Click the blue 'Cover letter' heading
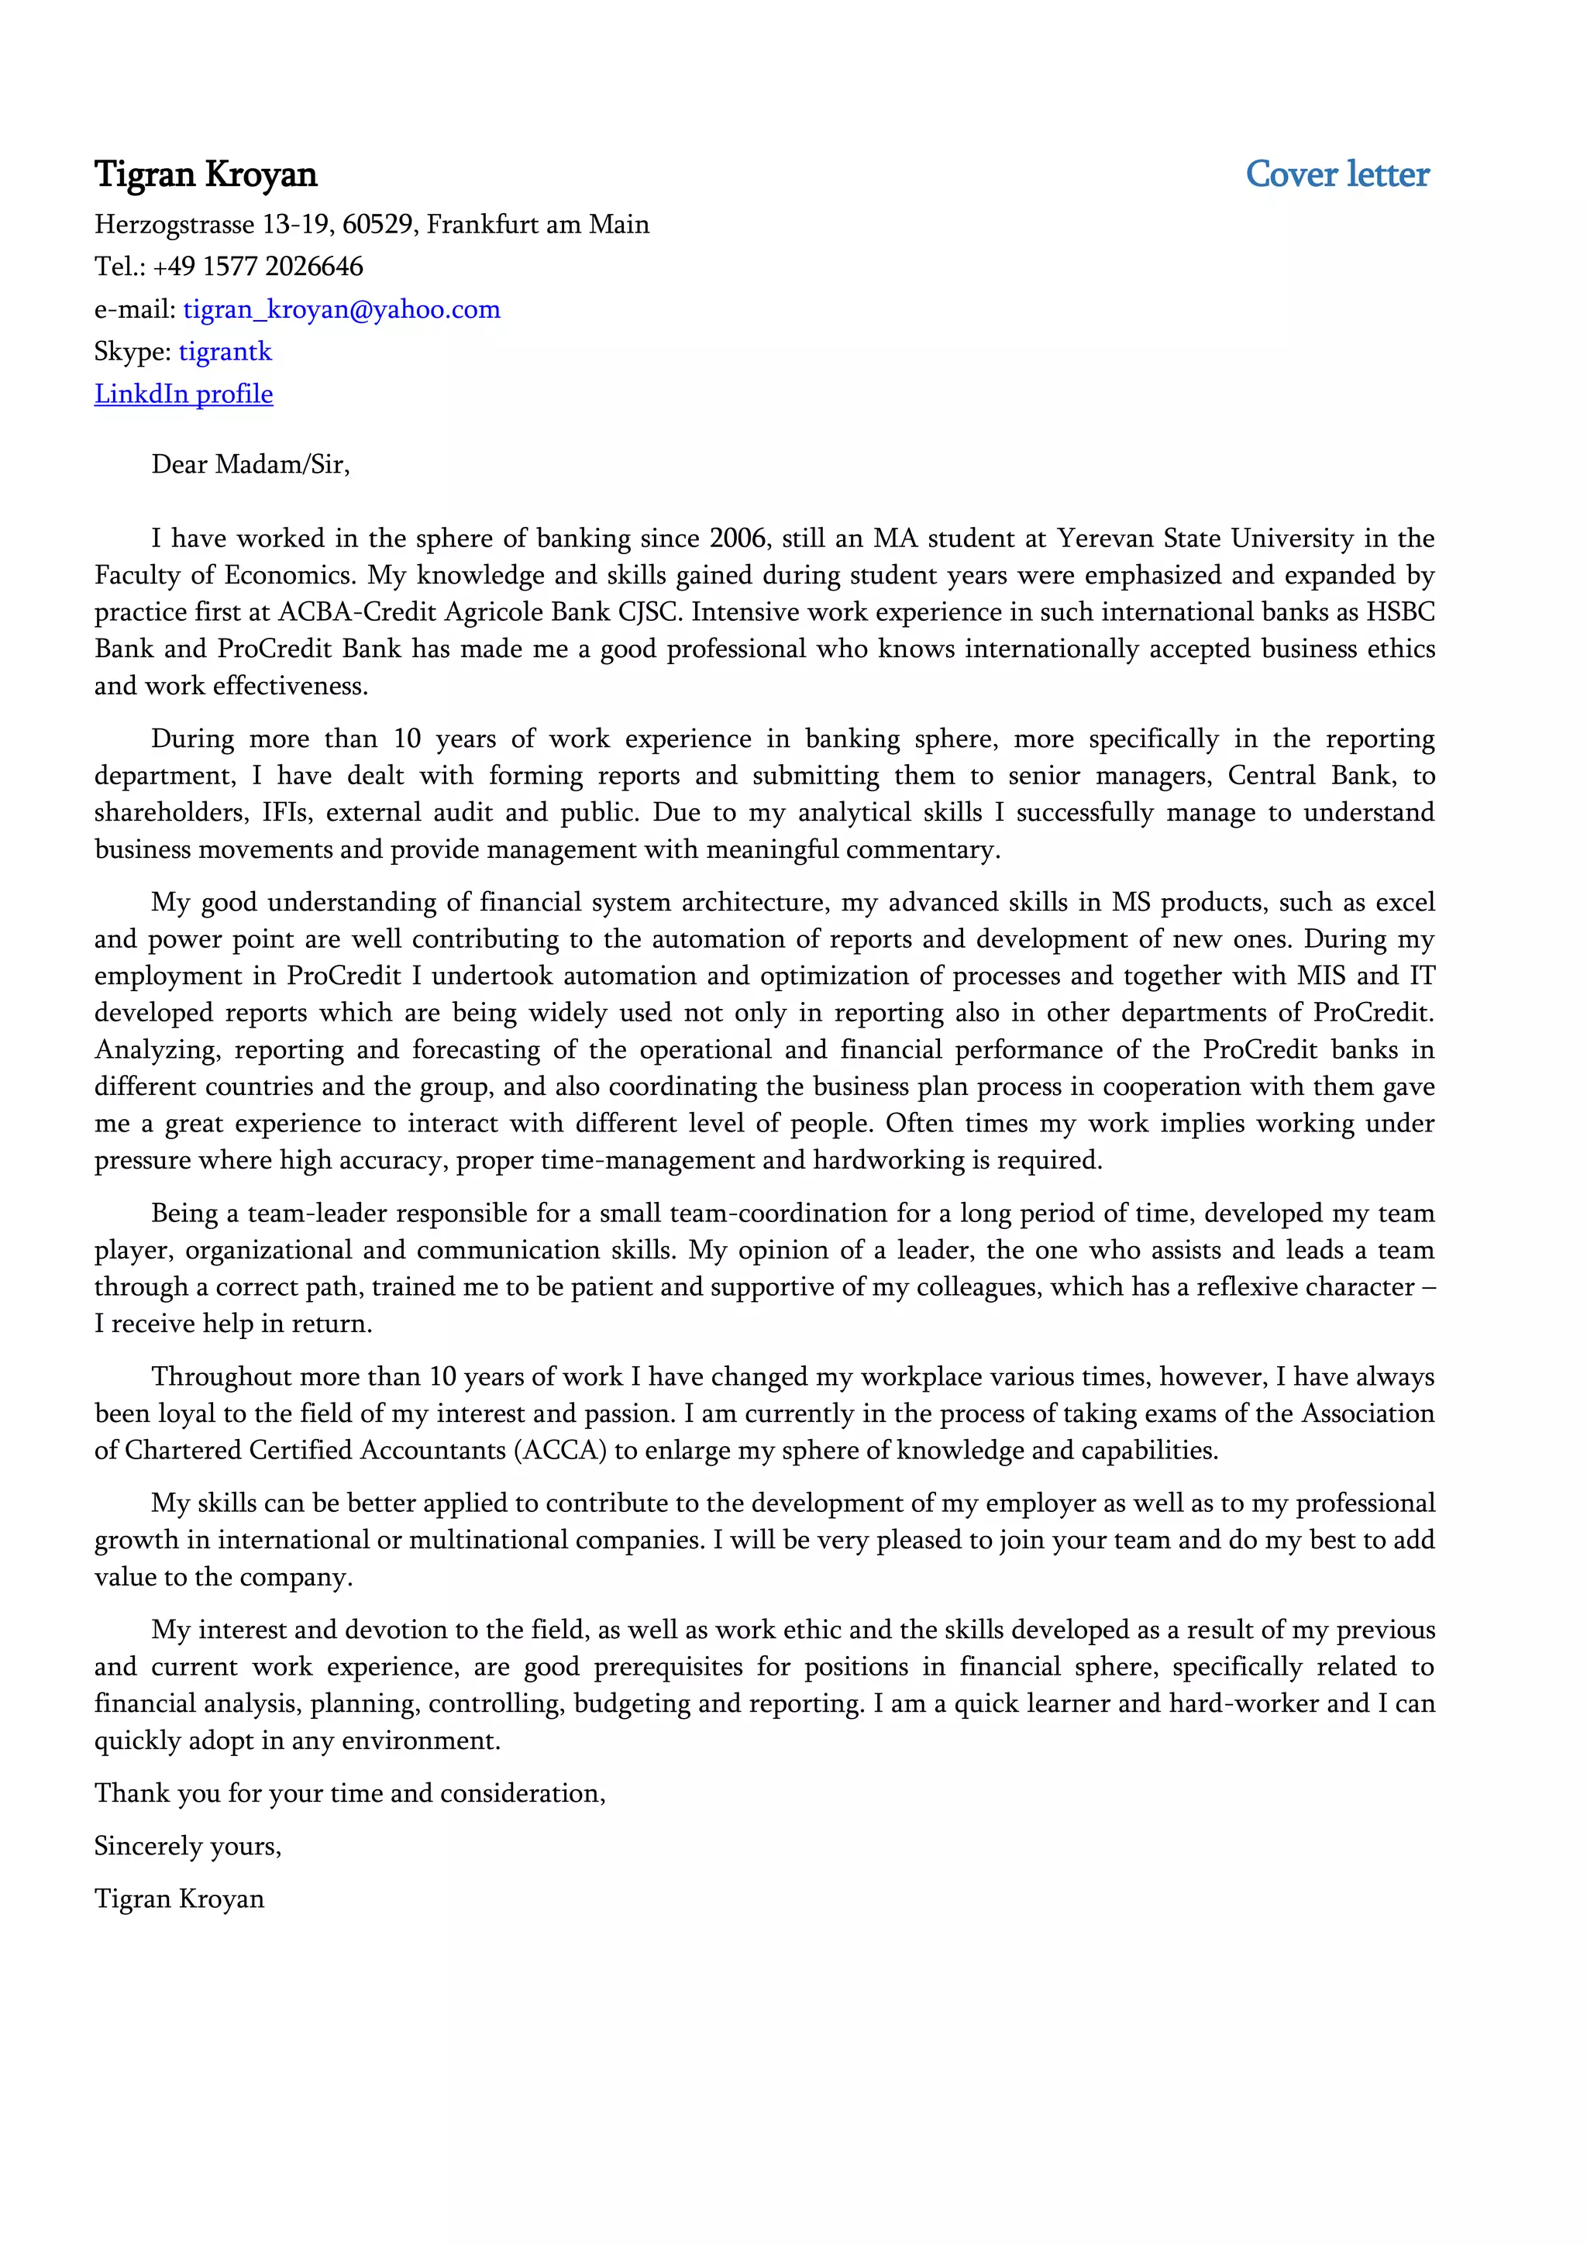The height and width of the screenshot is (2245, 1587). tap(1336, 174)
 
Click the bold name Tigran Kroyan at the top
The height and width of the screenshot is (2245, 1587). tap(205, 174)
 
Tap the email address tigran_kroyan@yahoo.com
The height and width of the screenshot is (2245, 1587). tap(341, 309)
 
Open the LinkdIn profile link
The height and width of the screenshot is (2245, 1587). tap(183, 394)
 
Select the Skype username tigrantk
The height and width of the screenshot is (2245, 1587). tap(225, 351)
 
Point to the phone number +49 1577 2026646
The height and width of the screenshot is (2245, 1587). tap(257, 266)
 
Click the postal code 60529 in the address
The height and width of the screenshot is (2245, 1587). tap(378, 224)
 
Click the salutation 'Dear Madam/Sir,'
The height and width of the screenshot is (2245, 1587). tap(250, 463)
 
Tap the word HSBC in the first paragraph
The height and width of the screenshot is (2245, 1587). tap(1399, 612)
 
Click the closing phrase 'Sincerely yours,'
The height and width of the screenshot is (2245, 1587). tap(188, 1846)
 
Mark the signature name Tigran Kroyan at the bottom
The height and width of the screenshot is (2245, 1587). tap(179, 1899)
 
